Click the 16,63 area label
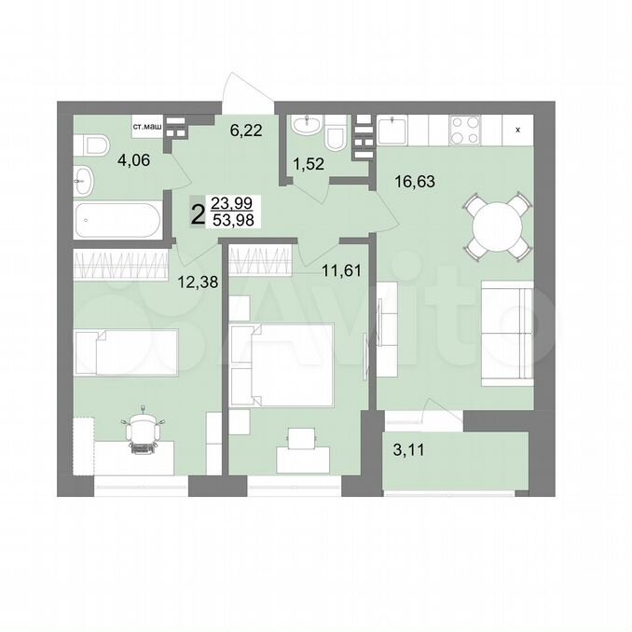point(415,182)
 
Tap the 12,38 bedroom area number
point(198,282)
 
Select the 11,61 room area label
point(341,270)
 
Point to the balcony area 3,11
point(408,449)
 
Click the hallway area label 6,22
point(246,131)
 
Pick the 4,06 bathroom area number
point(134,160)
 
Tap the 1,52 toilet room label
point(309,164)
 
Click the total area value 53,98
point(234,220)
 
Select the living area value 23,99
point(231,202)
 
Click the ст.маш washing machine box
point(147,128)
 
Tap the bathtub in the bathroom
point(117,220)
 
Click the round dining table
point(497,227)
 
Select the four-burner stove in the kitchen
point(465,130)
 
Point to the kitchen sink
point(392,130)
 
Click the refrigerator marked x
point(518,130)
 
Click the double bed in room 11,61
point(282,365)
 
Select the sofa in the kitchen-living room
point(507,334)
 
